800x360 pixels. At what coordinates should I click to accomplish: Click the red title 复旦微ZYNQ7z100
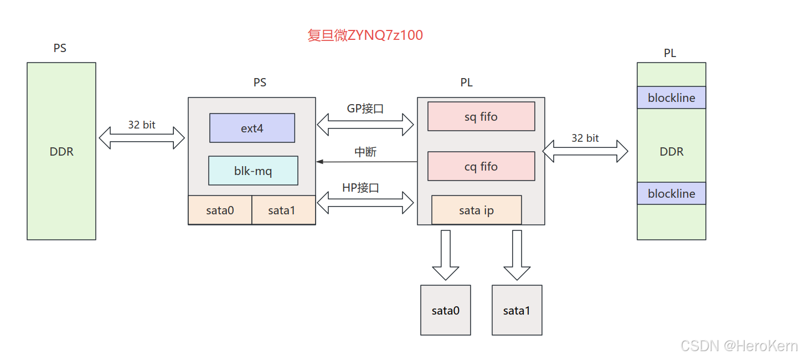365,35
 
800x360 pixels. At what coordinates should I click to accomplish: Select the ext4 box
252,128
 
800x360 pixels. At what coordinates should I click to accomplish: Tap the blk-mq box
253,171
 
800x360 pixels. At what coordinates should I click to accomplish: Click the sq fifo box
481,116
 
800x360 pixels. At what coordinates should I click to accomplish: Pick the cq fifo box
481,166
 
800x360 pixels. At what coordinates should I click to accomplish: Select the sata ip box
476,210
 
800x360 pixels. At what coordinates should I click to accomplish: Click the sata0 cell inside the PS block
220,210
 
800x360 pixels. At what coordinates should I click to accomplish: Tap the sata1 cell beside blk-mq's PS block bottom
283,210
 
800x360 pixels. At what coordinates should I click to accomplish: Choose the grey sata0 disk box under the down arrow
446,310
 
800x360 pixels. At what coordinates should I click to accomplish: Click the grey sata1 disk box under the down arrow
517,310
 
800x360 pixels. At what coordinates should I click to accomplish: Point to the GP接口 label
365,109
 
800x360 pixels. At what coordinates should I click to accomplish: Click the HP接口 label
360,188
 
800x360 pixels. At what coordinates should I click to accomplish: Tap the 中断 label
365,152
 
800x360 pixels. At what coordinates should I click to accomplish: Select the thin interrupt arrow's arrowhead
319,162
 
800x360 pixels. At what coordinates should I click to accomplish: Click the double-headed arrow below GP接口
365,125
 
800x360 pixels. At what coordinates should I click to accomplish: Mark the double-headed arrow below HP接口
365,203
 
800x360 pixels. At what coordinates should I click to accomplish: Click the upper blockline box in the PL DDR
671,97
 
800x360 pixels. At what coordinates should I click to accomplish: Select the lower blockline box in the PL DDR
671,193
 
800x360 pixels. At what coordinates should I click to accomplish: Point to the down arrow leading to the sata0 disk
446,255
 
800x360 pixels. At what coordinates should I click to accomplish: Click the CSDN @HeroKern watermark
739,346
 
